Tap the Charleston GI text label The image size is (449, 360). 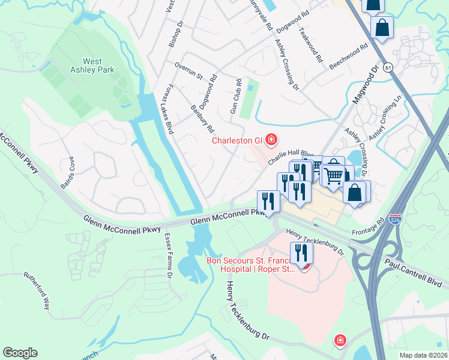tap(237, 141)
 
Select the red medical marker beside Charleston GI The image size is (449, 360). tap(271, 140)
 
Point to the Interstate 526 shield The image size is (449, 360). tap(396, 220)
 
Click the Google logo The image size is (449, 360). tap(20, 353)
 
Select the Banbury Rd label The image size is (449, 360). tap(202, 119)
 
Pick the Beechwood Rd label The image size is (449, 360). tap(348, 56)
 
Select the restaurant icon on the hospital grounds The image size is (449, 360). tap(301, 253)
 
